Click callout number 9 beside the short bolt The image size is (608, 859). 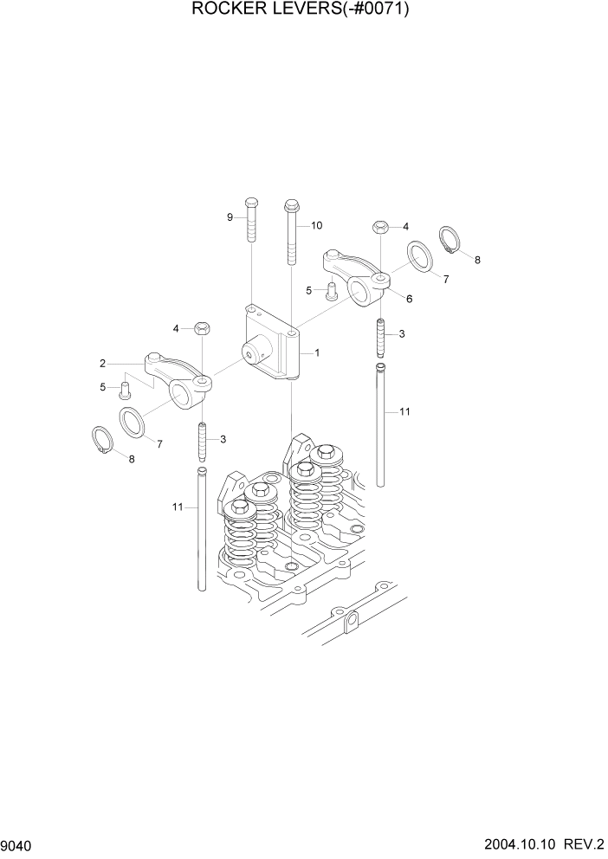click(230, 217)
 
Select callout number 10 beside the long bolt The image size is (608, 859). click(316, 225)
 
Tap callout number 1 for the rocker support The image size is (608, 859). click(317, 353)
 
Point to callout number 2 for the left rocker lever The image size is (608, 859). click(102, 363)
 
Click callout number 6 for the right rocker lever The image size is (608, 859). click(409, 298)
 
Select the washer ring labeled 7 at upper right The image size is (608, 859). click(421, 257)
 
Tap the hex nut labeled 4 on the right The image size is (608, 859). click(379, 227)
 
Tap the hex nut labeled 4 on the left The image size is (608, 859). click(201, 328)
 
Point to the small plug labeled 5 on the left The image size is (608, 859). click(124, 386)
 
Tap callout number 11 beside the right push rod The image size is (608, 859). click(404, 412)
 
